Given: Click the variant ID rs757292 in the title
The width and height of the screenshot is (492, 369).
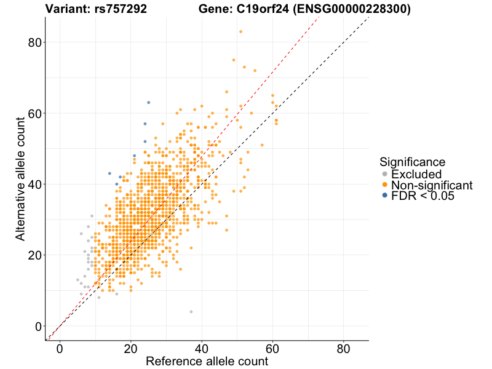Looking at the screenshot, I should click(x=121, y=9).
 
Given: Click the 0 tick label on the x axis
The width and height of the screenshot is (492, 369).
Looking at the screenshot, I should click(x=60, y=348).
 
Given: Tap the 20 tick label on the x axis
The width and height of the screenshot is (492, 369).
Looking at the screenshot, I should click(x=130, y=348).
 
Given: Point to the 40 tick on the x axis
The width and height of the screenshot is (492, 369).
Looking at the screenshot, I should click(x=202, y=348).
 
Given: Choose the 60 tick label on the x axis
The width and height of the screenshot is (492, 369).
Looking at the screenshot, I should click(x=272, y=348).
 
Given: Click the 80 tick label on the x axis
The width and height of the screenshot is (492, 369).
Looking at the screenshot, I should click(x=344, y=348).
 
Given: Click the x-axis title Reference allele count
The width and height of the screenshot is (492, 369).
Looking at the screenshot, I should click(x=207, y=361).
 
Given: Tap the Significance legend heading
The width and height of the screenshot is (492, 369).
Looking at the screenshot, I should click(x=412, y=162).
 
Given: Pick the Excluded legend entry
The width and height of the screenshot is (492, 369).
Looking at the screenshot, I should click(x=416, y=174).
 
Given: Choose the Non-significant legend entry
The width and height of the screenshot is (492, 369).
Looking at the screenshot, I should click(x=431, y=185).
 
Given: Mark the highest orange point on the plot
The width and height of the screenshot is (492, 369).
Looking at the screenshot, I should click(x=241, y=31).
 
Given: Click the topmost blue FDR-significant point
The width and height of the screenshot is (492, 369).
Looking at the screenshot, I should click(x=148, y=102).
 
